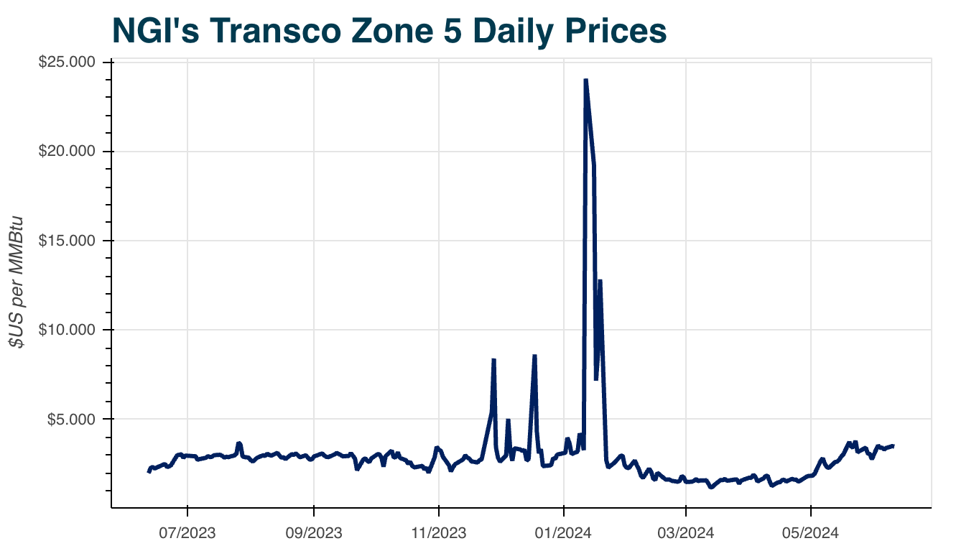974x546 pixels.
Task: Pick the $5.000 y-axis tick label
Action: (73, 419)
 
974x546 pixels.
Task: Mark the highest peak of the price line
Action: (586, 80)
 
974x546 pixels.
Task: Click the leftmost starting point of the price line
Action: (149, 472)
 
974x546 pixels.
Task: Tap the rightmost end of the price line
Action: (893, 445)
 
